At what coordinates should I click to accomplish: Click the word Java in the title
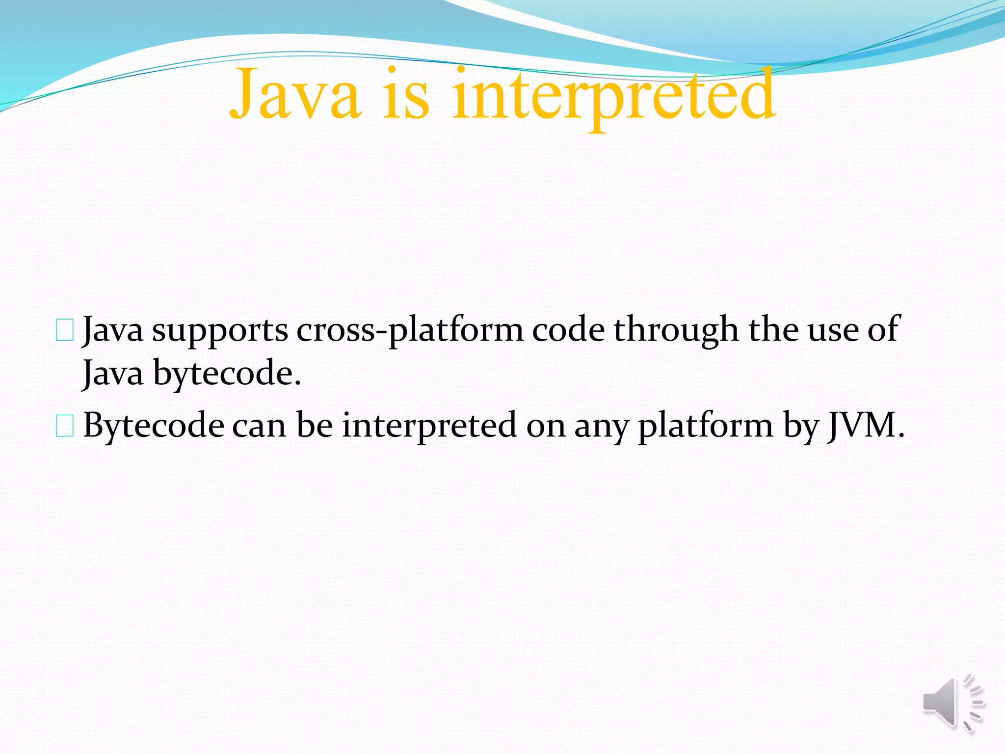294,94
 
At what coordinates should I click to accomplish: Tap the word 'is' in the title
406,94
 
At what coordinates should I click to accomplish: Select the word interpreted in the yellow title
613,94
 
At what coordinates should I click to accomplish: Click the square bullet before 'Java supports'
65,330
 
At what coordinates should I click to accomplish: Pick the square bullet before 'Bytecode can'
65,426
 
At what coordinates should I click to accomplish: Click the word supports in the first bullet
220,331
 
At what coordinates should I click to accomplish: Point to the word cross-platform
410,331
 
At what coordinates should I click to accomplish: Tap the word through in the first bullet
676,331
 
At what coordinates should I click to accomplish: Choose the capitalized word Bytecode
154,426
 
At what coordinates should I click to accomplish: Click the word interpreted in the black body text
429,426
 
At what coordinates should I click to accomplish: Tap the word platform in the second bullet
706,426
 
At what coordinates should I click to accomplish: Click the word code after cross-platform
568,330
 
